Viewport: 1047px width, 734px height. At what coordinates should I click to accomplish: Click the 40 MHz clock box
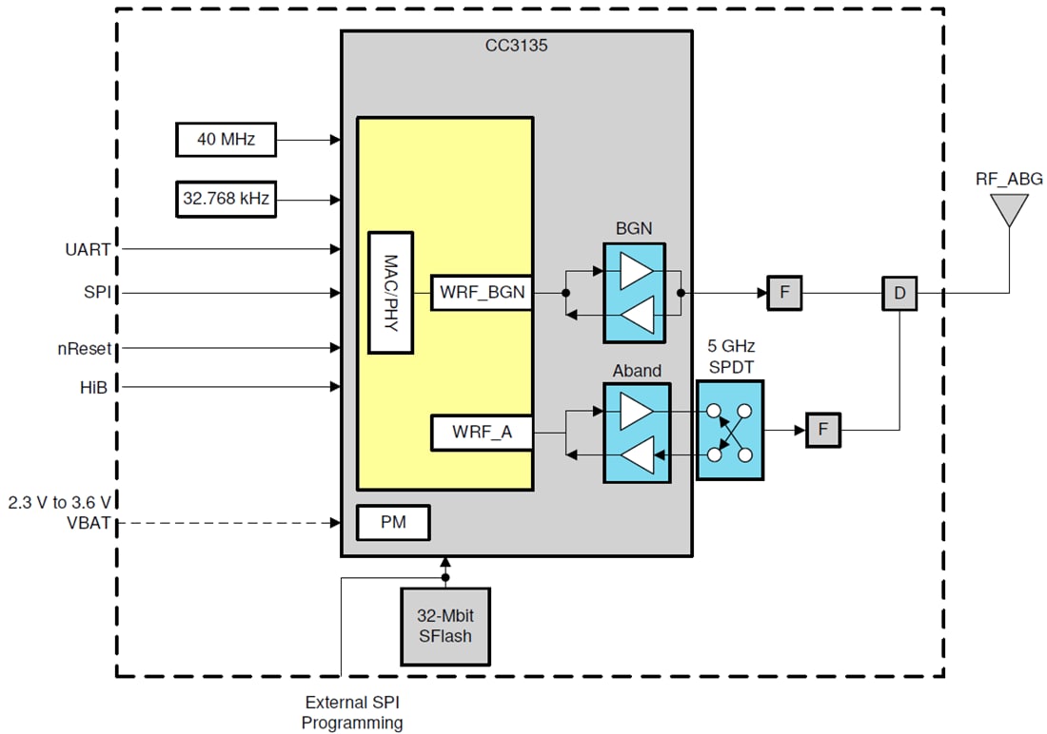227,140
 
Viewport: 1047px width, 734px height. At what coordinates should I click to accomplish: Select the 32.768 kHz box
227,200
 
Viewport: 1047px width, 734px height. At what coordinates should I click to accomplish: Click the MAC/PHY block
390,292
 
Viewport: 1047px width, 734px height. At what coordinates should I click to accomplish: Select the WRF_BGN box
482,292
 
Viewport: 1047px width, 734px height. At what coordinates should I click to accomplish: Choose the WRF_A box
482,433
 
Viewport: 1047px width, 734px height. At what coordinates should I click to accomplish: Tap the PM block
393,523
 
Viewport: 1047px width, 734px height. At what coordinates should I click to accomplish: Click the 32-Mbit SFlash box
444,627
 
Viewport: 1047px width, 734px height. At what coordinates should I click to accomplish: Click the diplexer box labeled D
899,293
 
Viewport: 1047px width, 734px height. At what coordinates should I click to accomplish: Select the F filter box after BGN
785,293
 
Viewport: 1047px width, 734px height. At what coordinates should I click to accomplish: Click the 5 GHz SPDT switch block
729,431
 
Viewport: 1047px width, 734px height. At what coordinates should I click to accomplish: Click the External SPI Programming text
352,713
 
